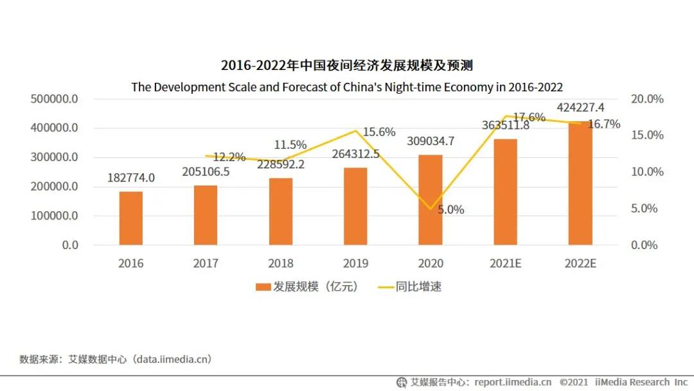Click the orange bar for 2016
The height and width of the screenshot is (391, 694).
click(131, 218)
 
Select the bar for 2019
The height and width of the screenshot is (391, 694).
click(355, 206)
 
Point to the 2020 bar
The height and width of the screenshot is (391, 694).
click(431, 200)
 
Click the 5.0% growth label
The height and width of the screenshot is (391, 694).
click(450, 209)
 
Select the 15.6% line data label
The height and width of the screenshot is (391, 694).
click(379, 132)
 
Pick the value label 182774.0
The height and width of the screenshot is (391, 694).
click(132, 178)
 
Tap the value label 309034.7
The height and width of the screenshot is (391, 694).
click(431, 141)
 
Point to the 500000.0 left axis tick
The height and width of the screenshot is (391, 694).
click(54, 99)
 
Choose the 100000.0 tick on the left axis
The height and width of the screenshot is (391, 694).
click(54, 216)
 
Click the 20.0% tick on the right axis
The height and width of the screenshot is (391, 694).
click(647, 99)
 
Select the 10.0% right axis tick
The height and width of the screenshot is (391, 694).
click(647, 172)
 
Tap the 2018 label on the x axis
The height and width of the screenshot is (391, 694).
click(281, 263)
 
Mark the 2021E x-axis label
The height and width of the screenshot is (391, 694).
click(505, 263)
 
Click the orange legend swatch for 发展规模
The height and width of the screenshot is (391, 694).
click(263, 287)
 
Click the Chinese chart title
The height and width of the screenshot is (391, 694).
click(347, 65)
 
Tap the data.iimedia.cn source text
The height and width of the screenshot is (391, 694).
click(172, 359)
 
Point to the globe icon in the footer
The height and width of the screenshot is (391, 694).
click(402, 382)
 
